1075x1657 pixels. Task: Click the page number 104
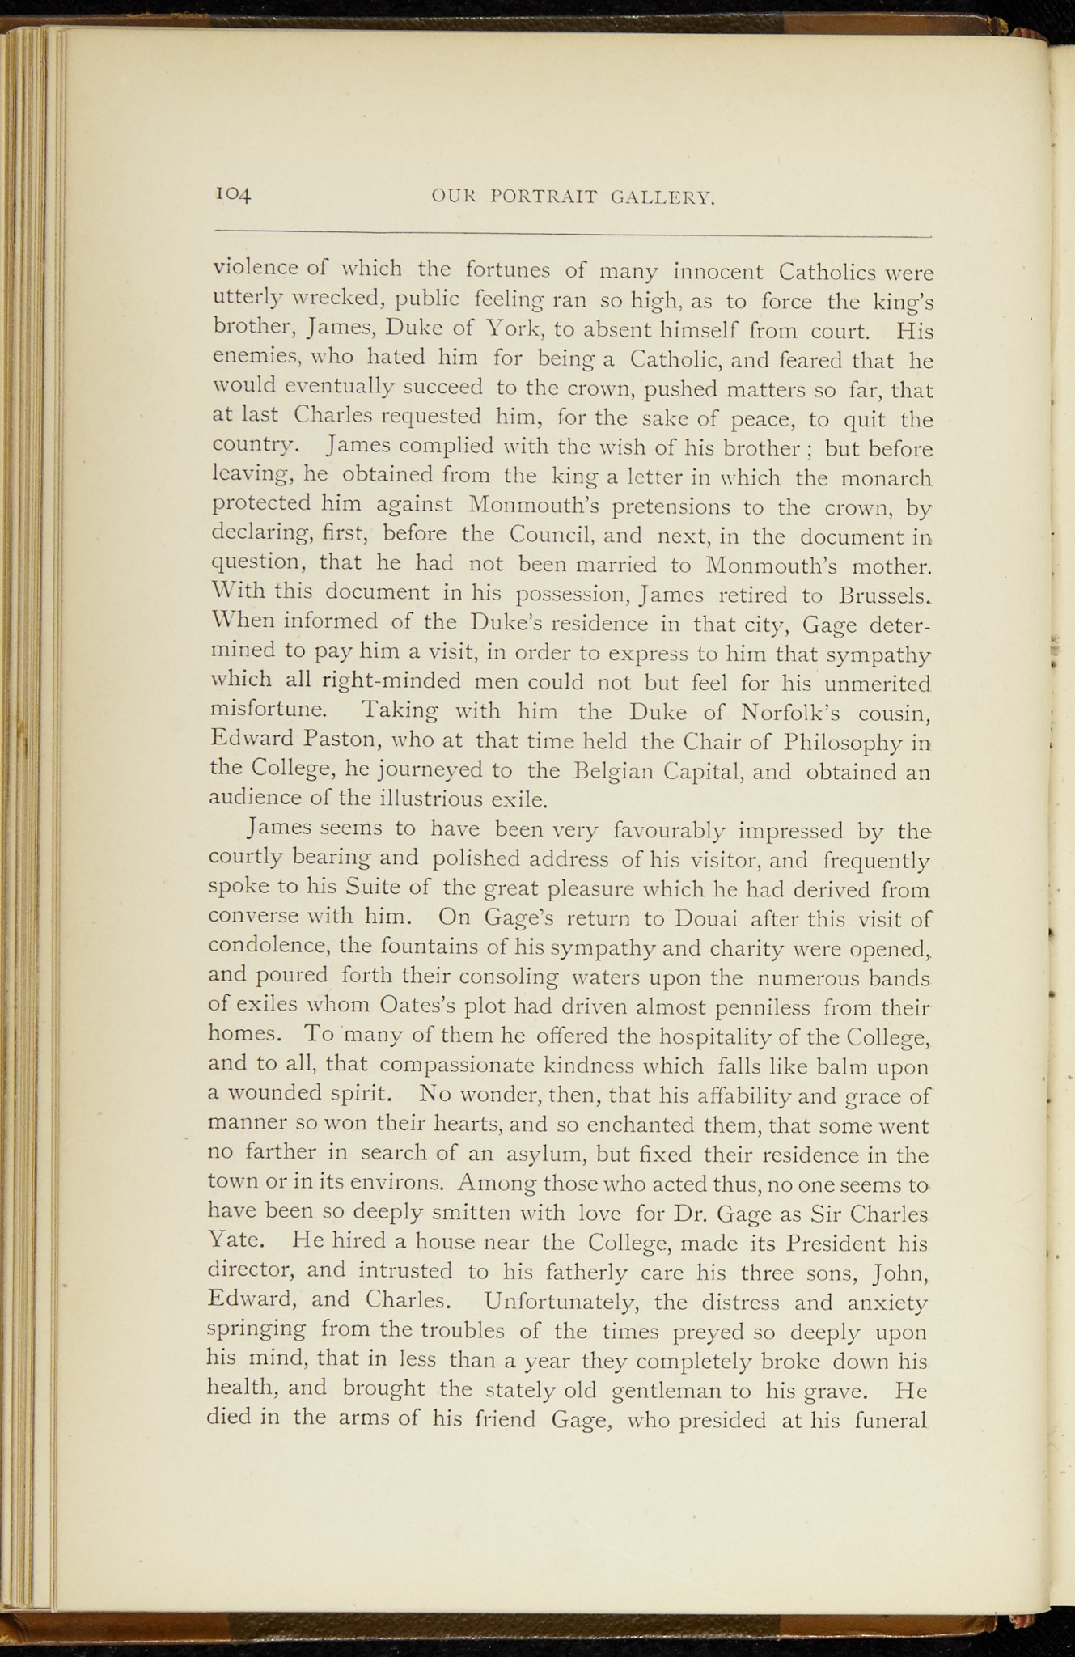234,194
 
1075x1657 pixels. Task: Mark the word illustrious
432,800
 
